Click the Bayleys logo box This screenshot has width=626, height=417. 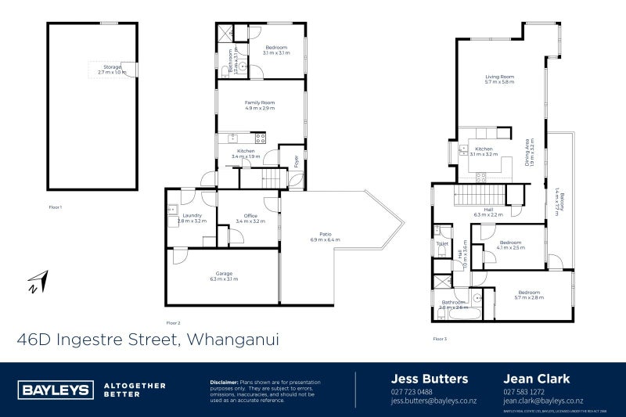[53, 390]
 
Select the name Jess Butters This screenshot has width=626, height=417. [429, 379]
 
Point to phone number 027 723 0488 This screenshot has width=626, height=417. [411, 392]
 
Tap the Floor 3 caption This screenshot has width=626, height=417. [440, 338]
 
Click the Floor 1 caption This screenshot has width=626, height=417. [55, 207]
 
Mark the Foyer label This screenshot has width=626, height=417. [297, 161]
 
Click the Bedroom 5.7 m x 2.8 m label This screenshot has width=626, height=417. [527, 295]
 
